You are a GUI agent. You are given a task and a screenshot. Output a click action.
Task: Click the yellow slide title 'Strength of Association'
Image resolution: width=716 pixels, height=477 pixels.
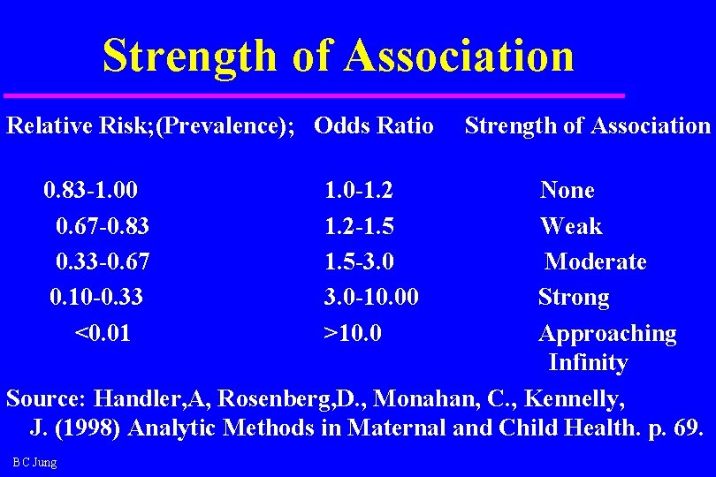pyautogui.click(x=338, y=55)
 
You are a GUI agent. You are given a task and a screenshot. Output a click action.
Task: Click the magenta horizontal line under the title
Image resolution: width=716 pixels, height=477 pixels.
pyautogui.click(x=314, y=95)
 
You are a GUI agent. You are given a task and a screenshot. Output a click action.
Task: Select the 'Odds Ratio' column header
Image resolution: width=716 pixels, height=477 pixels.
pyautogui.click(x=374, y=125)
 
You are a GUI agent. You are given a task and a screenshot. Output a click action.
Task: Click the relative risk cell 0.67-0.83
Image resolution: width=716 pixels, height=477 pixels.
pyautogui.click(x=102, y=226)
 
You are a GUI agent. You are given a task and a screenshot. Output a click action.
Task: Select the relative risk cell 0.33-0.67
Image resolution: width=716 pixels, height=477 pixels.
pyautogui.click(x=102, y=261)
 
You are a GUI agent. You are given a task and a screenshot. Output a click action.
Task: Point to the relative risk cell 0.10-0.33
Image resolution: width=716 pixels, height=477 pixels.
pyautogui.click(x=96, y=298)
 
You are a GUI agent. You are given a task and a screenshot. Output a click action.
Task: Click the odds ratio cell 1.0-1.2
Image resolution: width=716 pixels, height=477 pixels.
pyautogui.click(x=359, y=190)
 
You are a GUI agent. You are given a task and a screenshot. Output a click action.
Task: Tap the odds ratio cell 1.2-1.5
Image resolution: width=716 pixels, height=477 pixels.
pyautogui.click(x=359, y=226)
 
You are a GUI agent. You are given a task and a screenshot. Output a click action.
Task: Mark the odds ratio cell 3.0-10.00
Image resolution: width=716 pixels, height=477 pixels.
pyautogui.click(x=371, y=298)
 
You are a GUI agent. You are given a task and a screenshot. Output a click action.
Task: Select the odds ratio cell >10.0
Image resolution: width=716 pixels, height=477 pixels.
pyautogui.click(x=354, y=333)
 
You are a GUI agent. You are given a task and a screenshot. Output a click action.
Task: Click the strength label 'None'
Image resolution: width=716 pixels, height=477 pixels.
pyautogui.click(x=567, y=190)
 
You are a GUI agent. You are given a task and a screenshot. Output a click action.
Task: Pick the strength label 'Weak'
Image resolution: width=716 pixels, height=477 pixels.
pyautogui.click(x=571, y=226)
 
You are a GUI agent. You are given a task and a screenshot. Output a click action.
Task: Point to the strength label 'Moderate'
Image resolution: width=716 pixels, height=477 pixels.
pyautogui.click(x=596, y=261)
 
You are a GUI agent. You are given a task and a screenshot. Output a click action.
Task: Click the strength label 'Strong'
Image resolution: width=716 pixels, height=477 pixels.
pyautogui.click(x=574, y=298)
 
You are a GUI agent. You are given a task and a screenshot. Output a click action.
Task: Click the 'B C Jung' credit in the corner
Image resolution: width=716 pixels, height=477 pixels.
pyautogui.click(x=35, y=463)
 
